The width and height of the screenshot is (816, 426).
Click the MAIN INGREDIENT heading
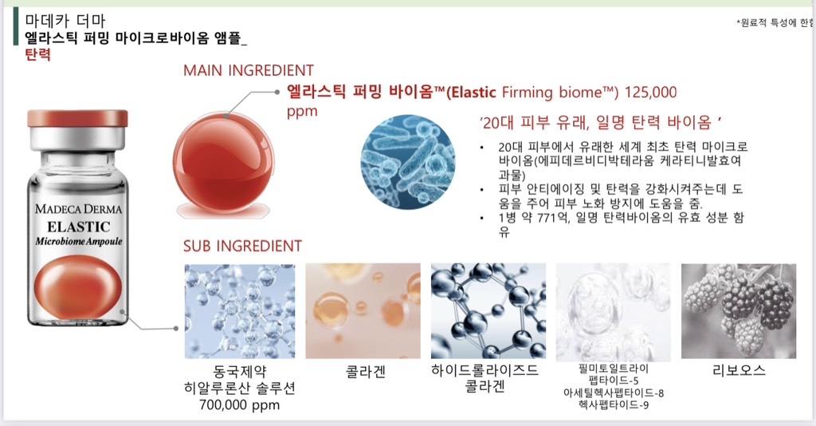pos(249,70)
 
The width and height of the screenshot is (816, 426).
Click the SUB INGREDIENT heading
pos(242,246)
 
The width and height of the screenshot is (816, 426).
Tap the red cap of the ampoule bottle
pos(77,119)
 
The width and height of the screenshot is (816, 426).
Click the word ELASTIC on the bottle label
pos(79,227)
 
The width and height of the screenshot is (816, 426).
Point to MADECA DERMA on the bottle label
pos(79,209)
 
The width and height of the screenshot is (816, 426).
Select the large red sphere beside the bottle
pos(223,163)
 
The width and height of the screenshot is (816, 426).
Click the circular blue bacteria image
pos(407,162)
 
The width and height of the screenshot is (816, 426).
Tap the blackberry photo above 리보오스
pos(739,311)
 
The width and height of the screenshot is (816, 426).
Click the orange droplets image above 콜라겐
pos(363,311)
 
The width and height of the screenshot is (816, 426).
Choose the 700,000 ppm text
pos(239,405)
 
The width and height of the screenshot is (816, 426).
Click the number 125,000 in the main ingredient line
pos(650,93)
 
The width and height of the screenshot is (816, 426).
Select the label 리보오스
pos(739,370)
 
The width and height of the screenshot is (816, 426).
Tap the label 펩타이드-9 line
pos(614,404)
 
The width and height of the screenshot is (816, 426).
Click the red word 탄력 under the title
pos(37,55)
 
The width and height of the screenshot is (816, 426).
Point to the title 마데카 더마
pos(65,21)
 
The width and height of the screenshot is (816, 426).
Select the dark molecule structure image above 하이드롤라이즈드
pos(488,311)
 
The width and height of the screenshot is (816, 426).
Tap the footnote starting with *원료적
pos(775,23)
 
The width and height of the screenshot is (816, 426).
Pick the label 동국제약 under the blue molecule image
pos(239,372)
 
